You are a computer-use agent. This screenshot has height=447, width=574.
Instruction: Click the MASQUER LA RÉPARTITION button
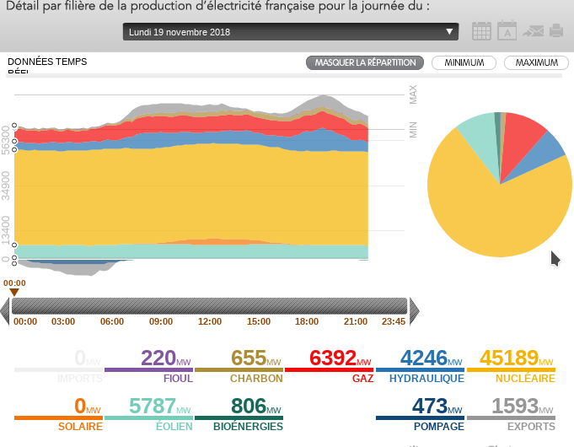[x=366, y=62]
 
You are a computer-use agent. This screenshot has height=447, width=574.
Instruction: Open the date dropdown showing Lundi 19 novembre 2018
[x=291, y=32]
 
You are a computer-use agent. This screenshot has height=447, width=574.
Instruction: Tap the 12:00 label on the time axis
[x=210, y=321]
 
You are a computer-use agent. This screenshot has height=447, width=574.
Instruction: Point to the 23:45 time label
[x=394, y=321]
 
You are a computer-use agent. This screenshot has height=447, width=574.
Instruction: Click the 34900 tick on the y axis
[x=7, y=186]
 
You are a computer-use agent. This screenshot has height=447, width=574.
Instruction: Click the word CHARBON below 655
[x=256, y=379]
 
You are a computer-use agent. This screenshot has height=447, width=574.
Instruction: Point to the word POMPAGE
[x=438, y=427]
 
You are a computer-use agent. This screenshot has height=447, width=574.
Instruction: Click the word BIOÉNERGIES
[x=248, y=427]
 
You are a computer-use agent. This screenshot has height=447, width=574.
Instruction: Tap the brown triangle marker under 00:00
[x=14, y=292]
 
